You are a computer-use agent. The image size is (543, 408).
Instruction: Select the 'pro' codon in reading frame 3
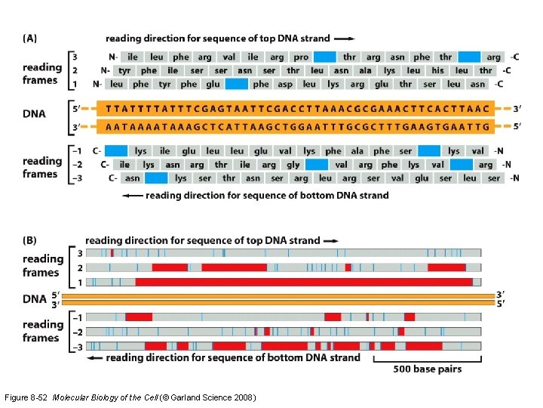point(300,57)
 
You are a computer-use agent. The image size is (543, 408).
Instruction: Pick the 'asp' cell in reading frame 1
point(284,84)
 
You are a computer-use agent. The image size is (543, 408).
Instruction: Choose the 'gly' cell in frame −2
point(293,164)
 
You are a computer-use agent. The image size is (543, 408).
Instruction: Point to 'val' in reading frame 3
point(229,57)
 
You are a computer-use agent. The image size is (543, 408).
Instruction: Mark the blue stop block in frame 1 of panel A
point(236,84)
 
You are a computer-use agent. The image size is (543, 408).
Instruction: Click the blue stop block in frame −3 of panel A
point(156,178)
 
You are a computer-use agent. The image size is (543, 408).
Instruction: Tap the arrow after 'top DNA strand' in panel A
point(343,38)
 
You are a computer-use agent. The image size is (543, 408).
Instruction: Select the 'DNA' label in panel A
point(34,114)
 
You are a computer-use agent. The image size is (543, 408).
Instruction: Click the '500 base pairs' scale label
point(428,369)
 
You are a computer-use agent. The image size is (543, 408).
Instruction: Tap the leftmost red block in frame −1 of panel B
point(139,317)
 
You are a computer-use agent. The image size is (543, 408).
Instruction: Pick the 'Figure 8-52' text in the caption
point(26,397)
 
